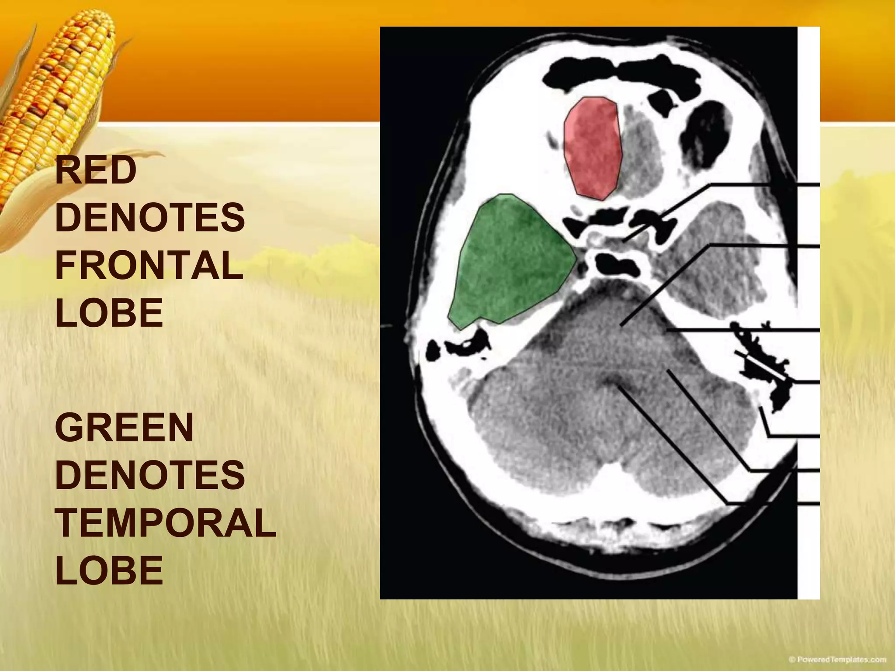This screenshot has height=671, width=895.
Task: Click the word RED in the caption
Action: click(x=96, y=172)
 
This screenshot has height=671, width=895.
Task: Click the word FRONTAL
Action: click(x=149, y=266)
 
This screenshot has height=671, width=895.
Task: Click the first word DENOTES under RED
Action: click(x=150, y=218)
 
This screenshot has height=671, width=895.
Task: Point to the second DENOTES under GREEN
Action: click(x=150, y=475)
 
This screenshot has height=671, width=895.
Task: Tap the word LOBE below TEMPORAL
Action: click(x=109, y=570)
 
